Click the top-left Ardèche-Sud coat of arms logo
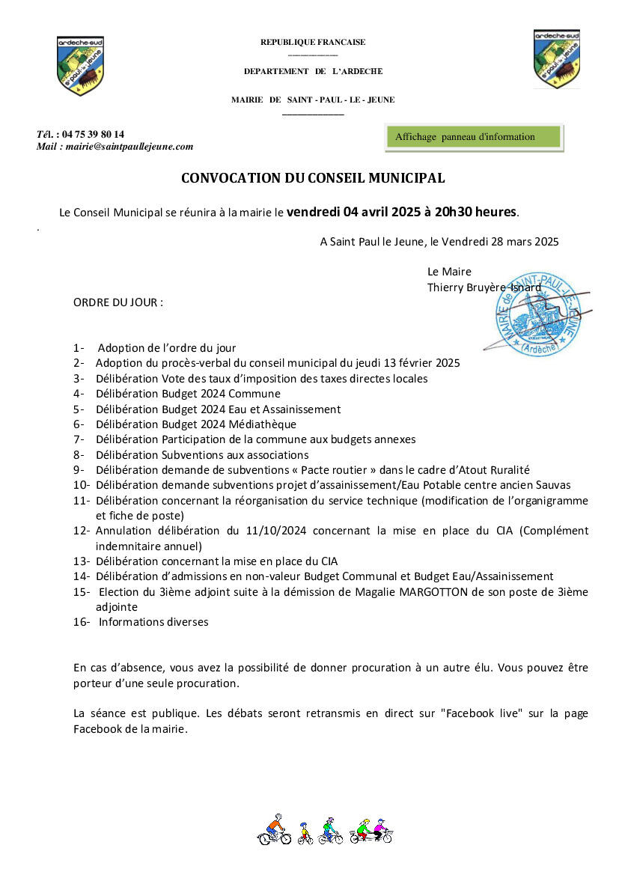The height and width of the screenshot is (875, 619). (80, 65)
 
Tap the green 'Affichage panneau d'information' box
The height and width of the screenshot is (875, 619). (473, 137)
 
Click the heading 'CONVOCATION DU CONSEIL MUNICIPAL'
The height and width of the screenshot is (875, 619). (313, 178)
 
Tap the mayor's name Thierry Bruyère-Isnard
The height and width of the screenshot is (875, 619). (484, 287)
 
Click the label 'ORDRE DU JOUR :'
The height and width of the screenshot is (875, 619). (118, 302)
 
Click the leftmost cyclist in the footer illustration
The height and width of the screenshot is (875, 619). (275, 829)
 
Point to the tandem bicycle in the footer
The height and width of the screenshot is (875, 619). (371, 830)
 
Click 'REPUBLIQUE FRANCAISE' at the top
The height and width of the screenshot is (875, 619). (313, 43)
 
